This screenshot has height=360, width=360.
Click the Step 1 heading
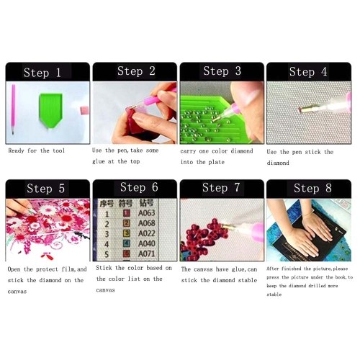tap(42, 73)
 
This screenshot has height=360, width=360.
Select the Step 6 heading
tap(139, 187)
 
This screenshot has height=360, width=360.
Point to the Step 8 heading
tap(312, 188)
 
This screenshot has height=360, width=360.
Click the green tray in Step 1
tap(50, 110)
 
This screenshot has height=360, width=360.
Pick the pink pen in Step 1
tap(13, 109)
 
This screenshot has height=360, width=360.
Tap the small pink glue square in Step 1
tap(84, 110)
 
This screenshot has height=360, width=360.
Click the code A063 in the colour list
tap(146, 213)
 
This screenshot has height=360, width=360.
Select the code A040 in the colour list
tap(147, 243)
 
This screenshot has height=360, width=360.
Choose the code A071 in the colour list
tap(147, 253)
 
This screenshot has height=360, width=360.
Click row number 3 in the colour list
tap(107, 234)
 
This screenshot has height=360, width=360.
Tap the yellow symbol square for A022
tap(127, 233)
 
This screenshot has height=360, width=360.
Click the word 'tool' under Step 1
tap(59, 150)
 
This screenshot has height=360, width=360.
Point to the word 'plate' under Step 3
tap(216, 162)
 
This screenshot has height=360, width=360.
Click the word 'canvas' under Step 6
tap(105, 290)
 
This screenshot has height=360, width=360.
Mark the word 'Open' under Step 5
tap(14, 269)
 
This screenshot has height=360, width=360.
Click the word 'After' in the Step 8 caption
tap(273, 269)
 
